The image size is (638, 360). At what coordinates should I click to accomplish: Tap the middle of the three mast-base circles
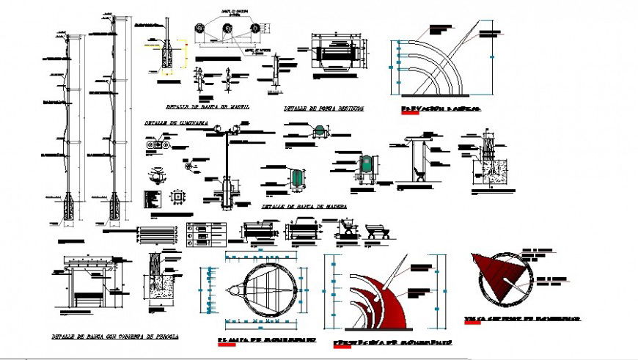tap(227, 28)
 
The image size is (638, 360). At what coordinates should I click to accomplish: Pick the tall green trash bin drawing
tap(364, 164)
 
